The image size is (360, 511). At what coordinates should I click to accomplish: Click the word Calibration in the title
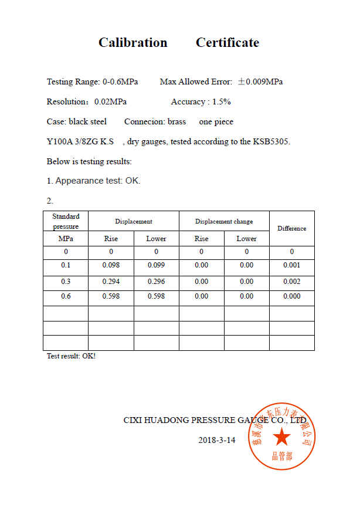tap(133, 42)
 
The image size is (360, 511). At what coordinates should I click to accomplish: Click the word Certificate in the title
tap(227, 42)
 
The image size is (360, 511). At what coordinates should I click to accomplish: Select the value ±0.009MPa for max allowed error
tap(260, 82)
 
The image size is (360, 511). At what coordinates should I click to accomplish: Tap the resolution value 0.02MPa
tap(110, 101)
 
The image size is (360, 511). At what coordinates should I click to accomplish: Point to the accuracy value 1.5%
tap(221, 101)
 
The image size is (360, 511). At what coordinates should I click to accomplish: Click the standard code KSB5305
tap(271, 141)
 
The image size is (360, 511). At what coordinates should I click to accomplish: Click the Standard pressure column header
tap(66, 221)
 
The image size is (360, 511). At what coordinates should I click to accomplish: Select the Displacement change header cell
tap(224, 221)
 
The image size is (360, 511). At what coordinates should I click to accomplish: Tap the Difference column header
tap(291, 228)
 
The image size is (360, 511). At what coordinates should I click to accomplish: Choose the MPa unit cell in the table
tap(66, 239)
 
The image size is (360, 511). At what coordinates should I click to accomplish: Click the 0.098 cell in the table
tap(111, 265)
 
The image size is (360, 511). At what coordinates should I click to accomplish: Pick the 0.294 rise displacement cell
tap(111, 282)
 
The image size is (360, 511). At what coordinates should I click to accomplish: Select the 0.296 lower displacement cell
tap(156, 282)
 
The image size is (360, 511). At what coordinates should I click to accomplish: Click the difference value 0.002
tap(291, 282)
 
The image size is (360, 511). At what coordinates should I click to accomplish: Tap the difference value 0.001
tap(291, 265)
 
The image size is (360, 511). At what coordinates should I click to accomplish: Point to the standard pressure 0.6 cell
tap(66, 296)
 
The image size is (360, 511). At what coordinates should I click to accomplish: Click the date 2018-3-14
tap(216, 439)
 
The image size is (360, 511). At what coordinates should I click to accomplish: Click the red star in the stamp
tap(282, 436)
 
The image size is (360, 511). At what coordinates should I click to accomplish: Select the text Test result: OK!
tap(71, 356)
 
